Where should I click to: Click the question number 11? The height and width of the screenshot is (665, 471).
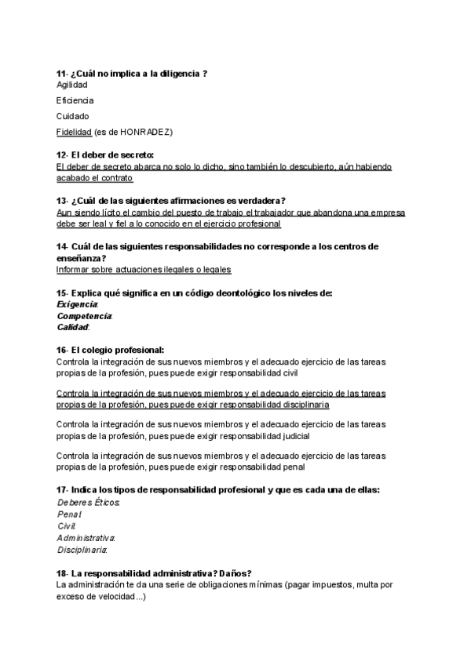coord(61,74)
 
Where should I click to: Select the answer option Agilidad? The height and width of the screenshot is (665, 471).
coord(72,84)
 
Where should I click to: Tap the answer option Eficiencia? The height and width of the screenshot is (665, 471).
coord(75,100)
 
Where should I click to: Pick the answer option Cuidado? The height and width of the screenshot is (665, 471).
coord(73,116)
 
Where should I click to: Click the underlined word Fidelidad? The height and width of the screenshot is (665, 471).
coord(75,132)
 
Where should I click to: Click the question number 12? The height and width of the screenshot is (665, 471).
coord(62,155)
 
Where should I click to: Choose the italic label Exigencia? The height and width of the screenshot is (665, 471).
coord(78,304)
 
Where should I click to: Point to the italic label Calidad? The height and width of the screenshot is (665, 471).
coord(72,327)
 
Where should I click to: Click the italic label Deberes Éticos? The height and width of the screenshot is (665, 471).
coord(88,503)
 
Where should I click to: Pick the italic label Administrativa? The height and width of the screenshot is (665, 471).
coord(86,538)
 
